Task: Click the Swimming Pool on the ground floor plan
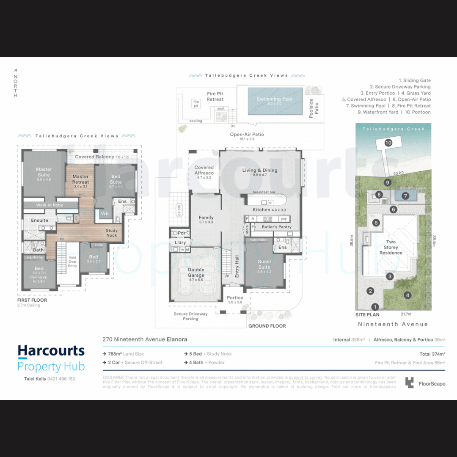[x=274, y=101]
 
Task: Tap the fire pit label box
[x=196, y=104]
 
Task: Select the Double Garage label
[x=196, y=273]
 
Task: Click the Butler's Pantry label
[x=276, y=227]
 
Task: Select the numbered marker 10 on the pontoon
[x=388, y=143]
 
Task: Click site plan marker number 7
[x=405, y=196]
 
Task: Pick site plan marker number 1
[x=374, y=307]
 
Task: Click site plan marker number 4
[x=407, y=295]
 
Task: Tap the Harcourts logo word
[x=51, y=351]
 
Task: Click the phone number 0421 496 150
[x=58, y=379]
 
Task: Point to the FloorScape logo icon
[x=409, y=383]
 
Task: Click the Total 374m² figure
[x=432, y=354]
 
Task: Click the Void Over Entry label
[x=72, y=262]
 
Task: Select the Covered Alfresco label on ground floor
[x=204, y=171]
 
